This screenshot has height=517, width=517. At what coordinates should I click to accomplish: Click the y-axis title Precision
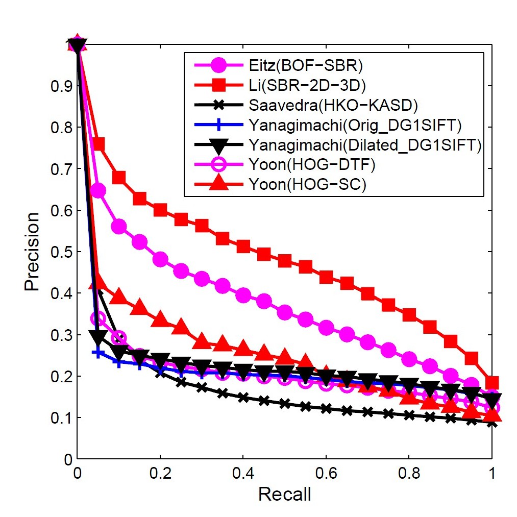(x=32, y=251)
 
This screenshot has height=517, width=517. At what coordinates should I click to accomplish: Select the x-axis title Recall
(x=284, y=494)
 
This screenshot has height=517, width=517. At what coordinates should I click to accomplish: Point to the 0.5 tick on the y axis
(x=60, y=252)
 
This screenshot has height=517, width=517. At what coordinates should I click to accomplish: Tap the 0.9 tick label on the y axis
(x=60, y=86)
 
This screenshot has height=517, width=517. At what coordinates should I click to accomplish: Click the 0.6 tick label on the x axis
(x=326, y=472)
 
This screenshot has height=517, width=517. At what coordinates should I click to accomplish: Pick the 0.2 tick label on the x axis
(x=160, y=472)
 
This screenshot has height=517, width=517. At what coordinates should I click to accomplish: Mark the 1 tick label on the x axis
(x=492, y=472)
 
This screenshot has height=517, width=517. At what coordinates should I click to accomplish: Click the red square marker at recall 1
(x=492, y=383)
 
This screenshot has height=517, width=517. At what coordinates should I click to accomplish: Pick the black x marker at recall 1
(x=492, y=423)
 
